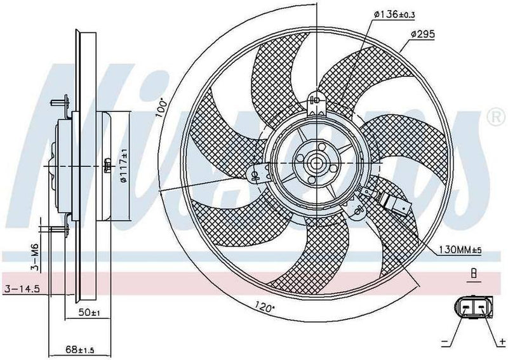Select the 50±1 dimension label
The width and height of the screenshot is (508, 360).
click(90, 313)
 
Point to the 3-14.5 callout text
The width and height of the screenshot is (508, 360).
click(22, 289)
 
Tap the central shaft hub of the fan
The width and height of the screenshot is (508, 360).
click(317, 164)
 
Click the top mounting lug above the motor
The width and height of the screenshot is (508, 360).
click(316, 102)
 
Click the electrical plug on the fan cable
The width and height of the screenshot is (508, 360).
click(399, 206)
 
